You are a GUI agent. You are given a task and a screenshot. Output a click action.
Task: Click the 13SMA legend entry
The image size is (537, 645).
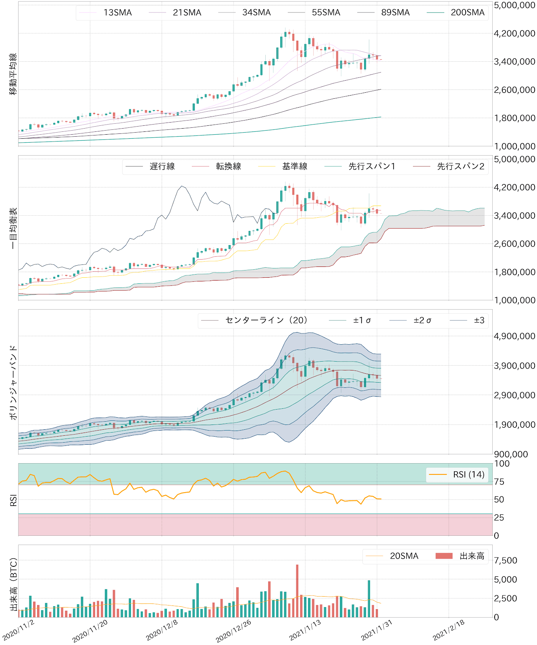pos(117,12)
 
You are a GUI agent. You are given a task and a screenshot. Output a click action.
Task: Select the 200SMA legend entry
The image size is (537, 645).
pos(467,12)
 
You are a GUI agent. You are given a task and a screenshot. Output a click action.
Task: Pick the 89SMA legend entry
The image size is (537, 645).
pos(395,12)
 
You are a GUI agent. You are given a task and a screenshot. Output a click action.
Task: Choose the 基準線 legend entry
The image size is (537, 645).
pos(294,166)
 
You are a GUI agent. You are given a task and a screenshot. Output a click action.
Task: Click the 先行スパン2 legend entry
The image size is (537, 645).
pos(460,166)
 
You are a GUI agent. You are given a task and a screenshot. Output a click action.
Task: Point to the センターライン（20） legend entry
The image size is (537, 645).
pos(266,320)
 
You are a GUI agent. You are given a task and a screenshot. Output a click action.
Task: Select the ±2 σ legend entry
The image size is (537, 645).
pos(422,320)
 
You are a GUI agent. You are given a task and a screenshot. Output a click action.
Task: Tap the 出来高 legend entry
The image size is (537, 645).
pos(472,556)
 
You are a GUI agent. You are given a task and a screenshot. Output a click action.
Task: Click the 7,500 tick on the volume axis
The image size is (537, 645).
pos(506,560)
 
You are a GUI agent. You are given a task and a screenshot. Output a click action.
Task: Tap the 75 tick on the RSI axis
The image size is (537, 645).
pos(499,482)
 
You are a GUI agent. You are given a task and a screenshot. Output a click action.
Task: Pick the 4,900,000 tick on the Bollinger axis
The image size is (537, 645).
pos(514,336)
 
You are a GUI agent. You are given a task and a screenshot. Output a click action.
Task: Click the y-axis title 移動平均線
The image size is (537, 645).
pos(13,74)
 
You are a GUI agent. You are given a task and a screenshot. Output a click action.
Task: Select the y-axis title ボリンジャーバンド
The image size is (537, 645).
pos(13,382)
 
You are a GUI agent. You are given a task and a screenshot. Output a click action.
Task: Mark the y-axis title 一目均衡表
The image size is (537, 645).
pos(13,228)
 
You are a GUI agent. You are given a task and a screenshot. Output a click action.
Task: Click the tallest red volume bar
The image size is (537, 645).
pos(297,591)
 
